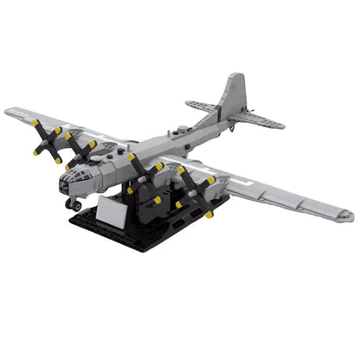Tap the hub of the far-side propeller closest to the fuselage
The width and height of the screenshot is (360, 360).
(80, 151)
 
